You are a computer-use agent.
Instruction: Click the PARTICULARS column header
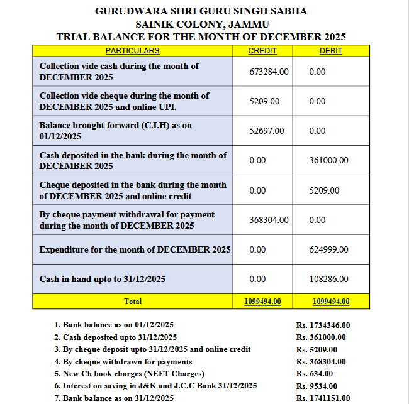132,50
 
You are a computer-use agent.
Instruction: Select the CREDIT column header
262,50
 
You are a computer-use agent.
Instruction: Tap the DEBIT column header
331,50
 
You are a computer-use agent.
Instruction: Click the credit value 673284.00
269,72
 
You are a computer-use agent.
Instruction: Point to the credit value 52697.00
267,131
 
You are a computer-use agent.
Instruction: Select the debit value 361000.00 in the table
328,160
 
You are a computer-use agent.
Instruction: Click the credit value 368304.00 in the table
269,220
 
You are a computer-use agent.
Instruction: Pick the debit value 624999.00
328,249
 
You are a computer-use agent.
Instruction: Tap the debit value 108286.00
328,279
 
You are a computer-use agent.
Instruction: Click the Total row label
133,302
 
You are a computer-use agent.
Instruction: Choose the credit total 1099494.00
262,302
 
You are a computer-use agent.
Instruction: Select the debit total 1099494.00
331,302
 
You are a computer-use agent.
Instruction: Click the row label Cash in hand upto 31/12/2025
102,279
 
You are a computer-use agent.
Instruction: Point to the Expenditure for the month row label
135,249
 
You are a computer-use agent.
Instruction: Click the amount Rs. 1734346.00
323,325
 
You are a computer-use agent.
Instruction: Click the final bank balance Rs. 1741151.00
323,398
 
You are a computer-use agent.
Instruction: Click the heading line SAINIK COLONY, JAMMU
201,24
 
